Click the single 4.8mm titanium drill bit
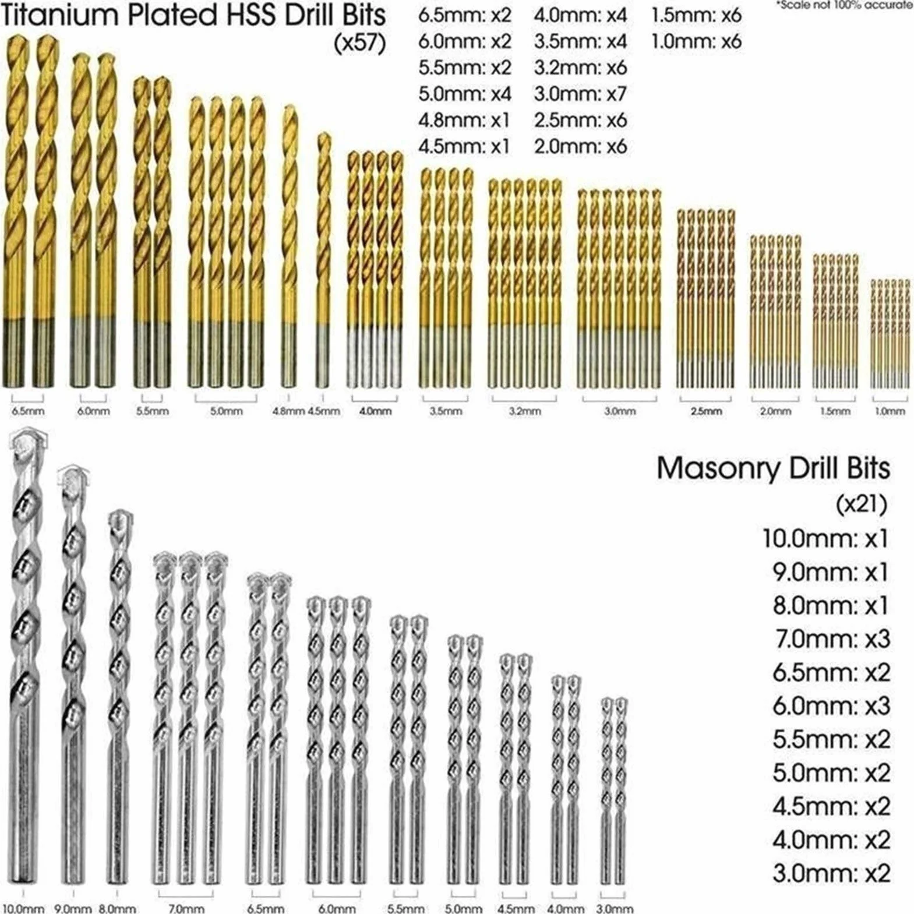click(288, 246)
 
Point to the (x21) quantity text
click(862, 504)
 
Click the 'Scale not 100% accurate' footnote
click(845, 5)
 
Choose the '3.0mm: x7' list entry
click(580, 94)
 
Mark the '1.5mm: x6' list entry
click(696, 16)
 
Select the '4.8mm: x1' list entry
click(464, 120)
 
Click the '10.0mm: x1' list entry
click(826, 539)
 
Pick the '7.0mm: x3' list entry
click(831, 640)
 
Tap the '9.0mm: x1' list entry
click(831, 573)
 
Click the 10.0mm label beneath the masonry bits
click(23, 908)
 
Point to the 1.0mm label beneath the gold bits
click(890, 411)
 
